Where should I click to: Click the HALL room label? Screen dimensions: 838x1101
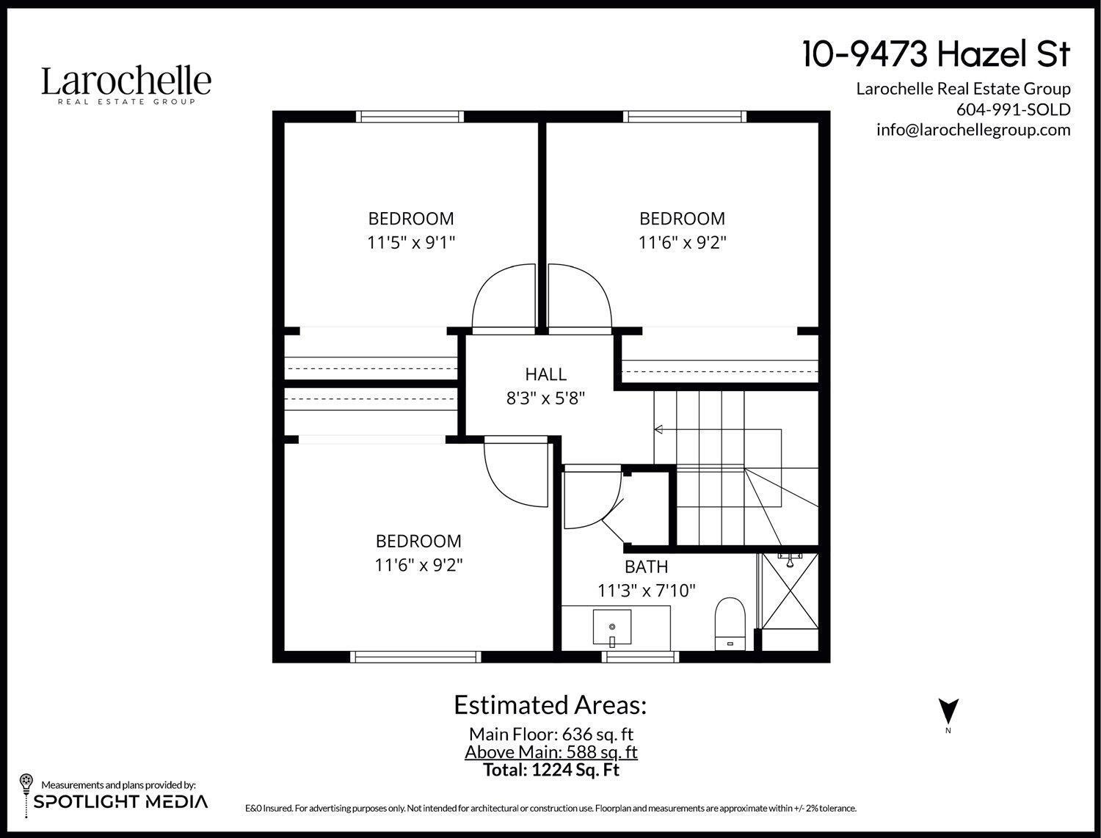click(545, 374)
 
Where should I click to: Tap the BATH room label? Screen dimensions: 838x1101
click(646, 566)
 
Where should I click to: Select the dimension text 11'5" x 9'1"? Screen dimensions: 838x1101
click(411, 242)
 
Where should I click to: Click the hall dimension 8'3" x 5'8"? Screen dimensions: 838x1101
click(545, 398)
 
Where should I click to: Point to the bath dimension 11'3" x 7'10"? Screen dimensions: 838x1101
click(646, 590)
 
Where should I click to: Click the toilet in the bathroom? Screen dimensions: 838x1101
click(730, 622)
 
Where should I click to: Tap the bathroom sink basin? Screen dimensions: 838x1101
click(611, 627)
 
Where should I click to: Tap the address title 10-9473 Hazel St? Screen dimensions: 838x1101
click(936, 54)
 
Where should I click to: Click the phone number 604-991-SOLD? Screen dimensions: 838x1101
click(1013, 109)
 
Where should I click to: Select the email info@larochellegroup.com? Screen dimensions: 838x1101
click(973, 130)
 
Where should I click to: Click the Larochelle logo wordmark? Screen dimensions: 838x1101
click(126, 82)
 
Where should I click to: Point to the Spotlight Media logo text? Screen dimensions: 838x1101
click(120, 801)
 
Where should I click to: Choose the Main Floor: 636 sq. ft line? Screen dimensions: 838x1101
click(550, 734)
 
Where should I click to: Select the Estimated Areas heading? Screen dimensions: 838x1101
click(550, 704)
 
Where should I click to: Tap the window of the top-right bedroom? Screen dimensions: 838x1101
click(684, 116)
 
